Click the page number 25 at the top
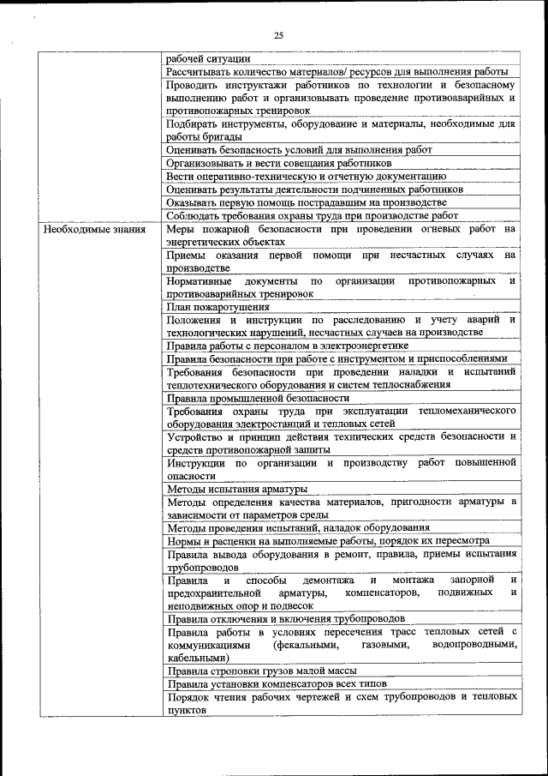click(278, 35)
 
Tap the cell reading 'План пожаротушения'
click(218, 306)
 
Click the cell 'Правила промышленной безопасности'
click(258, 398)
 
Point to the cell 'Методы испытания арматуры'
click(237, 489)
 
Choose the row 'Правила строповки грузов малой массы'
click(261, 670)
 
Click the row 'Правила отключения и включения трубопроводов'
click(286, 618)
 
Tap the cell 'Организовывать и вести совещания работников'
click(279, 162)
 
